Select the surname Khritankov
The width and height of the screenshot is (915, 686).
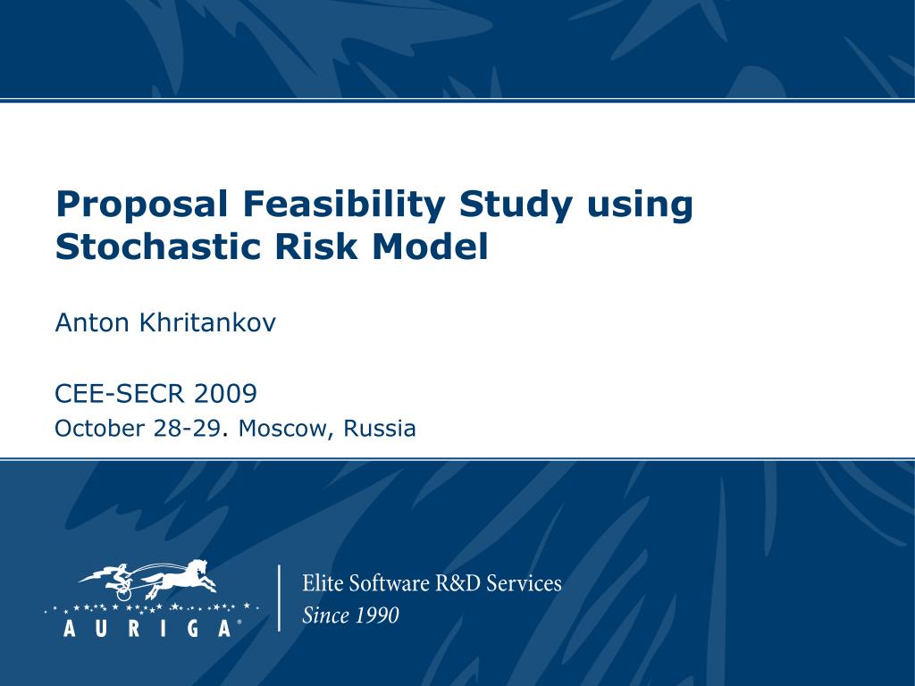point(206,323)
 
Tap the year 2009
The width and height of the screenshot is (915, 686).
point(225,393)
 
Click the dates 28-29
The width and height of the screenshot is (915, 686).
point(186,430)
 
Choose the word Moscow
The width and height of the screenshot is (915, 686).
point(283,430)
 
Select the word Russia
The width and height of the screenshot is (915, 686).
point(381,430)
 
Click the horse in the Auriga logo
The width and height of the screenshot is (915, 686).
point(183,578)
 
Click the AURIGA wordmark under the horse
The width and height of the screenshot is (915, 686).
point(148,627)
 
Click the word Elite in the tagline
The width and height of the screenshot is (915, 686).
point(323,584)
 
